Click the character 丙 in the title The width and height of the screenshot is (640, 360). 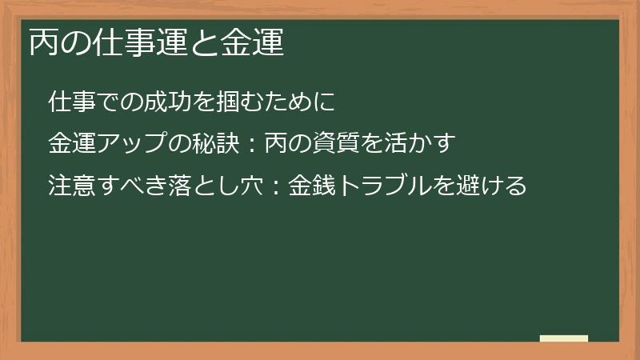pos(43,42)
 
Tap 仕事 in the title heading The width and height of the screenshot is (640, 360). pos(116,42)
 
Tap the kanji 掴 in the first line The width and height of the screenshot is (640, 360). pos(226,102)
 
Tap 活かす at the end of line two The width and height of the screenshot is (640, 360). pos(423,144)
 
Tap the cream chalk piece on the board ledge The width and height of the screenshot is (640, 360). pos(563,338)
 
